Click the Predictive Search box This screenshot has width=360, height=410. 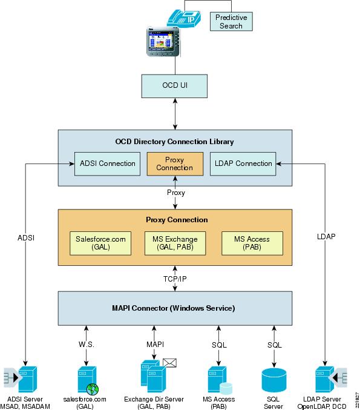231,21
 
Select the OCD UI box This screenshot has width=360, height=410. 174,86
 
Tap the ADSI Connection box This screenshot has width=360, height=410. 107,164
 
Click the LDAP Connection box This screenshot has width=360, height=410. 243,164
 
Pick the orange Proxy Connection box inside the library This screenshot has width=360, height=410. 175,164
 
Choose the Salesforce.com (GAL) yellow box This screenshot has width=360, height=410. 100,243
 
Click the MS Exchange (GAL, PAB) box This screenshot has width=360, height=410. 175,243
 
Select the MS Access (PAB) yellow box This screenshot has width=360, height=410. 252,243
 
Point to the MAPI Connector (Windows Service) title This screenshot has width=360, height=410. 174,308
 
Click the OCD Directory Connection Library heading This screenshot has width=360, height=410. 174,142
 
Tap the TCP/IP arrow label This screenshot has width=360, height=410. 175,279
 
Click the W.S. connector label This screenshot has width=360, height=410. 86,345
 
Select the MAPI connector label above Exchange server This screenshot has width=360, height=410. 155,345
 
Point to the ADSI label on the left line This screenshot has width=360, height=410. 26,237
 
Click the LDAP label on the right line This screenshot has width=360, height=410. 326,236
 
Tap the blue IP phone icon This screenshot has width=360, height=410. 184,18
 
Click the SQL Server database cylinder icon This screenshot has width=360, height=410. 274,380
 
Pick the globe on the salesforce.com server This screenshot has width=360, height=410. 93,389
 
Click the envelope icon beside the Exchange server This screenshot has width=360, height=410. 169,363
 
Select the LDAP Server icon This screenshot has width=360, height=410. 331,379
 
